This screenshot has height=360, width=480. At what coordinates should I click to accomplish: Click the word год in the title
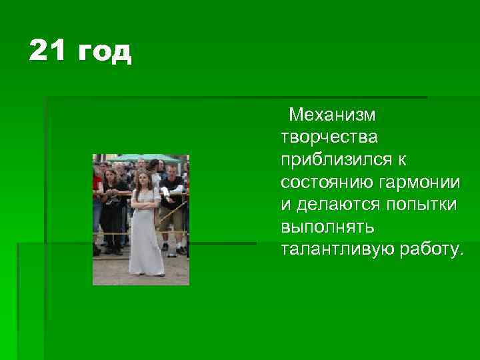(x=105, y=53)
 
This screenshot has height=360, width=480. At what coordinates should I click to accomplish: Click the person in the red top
(x=97, y=190)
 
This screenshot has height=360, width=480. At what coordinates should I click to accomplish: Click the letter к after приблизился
(x=404, y=161)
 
